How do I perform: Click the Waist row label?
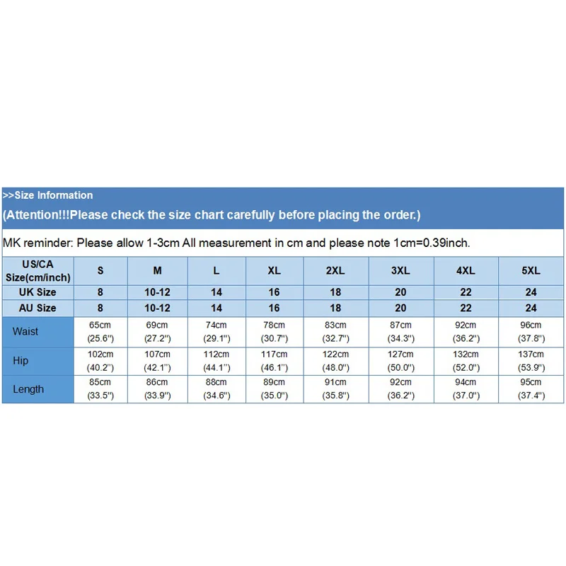[x=25, y=331]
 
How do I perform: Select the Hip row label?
[x=21, y=361]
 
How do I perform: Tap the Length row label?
[x=28, y=389]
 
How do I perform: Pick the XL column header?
[x=275, y=270]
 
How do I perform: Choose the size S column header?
[x=100, y=270]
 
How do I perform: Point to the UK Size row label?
[x=37, y=291]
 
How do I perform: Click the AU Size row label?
[x=37, y=308]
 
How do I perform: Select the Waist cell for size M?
[x=158, y=331]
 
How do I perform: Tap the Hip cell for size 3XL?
[x=400, y=361]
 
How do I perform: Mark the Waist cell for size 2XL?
[x=335, y=331]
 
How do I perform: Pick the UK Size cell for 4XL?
[x=466, y=291]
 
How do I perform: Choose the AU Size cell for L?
[x=216, y=308]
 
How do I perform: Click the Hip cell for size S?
[x=100, y=361]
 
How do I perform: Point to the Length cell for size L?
[x=216, y=389]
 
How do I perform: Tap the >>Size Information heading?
[x=47, y=195]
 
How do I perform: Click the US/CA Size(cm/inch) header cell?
[x=37, y=270]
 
